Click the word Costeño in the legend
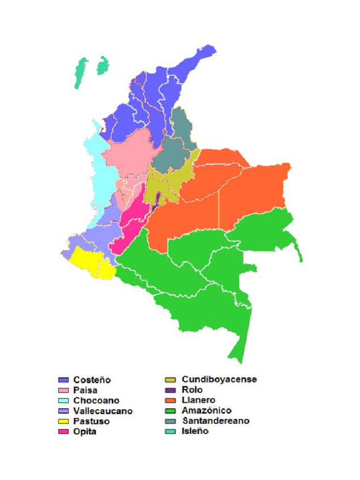coord(92,380)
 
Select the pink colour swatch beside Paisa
coord(64,390)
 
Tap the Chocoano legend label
coord(96,401)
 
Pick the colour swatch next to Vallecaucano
coord(64,411)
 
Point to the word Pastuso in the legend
coord(91,421)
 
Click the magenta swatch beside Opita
coord(64,431)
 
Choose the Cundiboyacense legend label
coord(219,379)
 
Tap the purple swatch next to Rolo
coord(172,390)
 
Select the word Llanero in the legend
coord(198,400)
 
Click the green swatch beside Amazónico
coord(172,411)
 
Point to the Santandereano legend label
coord(216,420)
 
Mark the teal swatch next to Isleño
coord(172,431)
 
